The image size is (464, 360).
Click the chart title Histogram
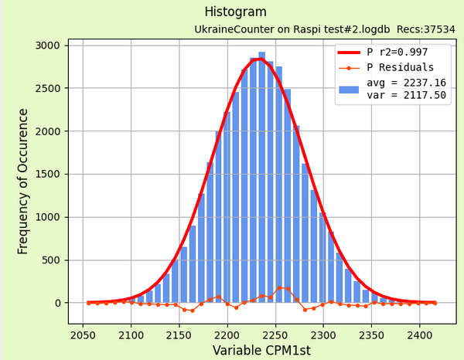[235, 12]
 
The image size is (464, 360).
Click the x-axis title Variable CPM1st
[261, 351]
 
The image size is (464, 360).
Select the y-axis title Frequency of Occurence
[23, 181]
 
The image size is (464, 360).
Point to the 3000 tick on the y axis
[47, 46]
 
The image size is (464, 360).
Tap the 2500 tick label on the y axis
[47, 89]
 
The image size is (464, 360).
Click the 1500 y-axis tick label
[47, 175]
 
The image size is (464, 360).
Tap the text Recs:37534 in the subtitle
[426, 29]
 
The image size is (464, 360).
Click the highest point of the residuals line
[279, 287]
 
